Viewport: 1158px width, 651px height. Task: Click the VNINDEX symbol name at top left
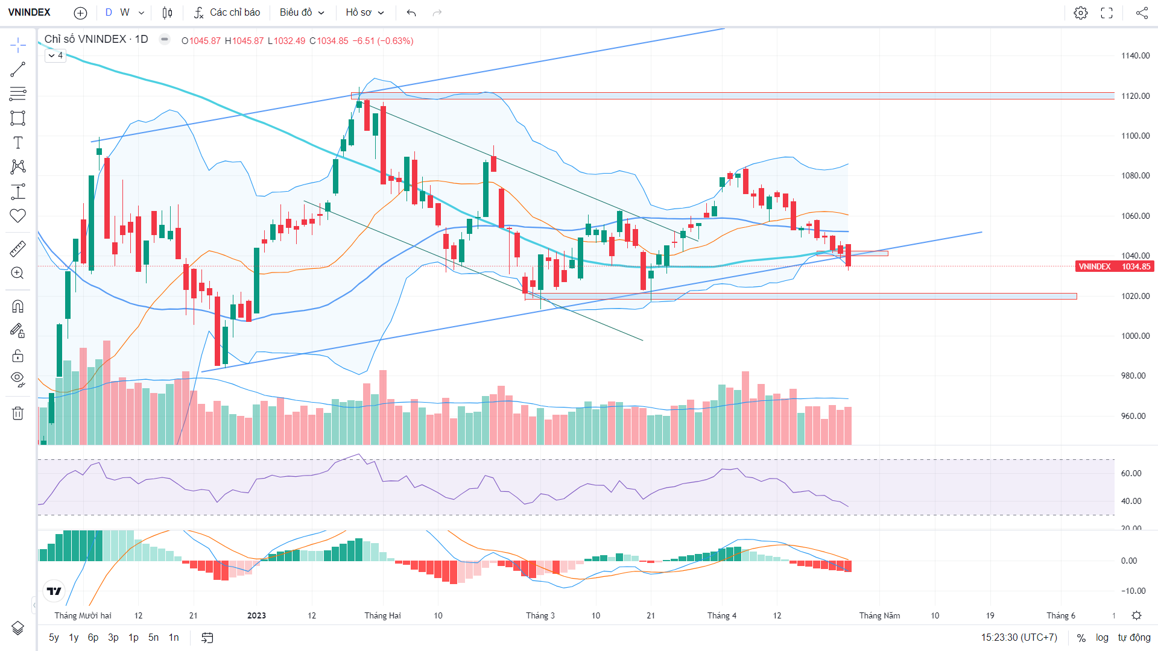point(29,12)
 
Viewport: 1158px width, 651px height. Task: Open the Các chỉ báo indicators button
point(227,13)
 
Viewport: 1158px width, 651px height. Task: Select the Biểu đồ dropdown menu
point(302,13)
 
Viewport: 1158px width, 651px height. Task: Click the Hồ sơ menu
point(365,13)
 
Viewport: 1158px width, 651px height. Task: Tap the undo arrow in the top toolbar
point(411,13)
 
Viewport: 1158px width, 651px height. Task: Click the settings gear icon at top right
point(1081,13)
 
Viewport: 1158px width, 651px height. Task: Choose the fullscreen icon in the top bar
point(1107,13)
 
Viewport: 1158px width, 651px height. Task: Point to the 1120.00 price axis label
point(1136,96)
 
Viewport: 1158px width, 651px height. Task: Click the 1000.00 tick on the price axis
point(1136,336)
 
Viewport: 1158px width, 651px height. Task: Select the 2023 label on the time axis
point(256,615)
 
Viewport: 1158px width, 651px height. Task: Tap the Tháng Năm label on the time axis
point(879,615)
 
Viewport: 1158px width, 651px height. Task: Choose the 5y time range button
point(54,638)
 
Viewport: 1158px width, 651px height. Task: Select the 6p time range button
point(93,638)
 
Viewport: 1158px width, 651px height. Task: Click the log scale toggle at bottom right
point(1102,638)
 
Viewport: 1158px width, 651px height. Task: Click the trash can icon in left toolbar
point(18,413)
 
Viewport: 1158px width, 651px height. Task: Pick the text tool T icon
point(18,143)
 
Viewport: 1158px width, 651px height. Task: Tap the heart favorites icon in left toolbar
point(18,216)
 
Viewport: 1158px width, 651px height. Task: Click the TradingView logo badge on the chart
point(54,591)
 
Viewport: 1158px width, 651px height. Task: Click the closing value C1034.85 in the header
point(329,41)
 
